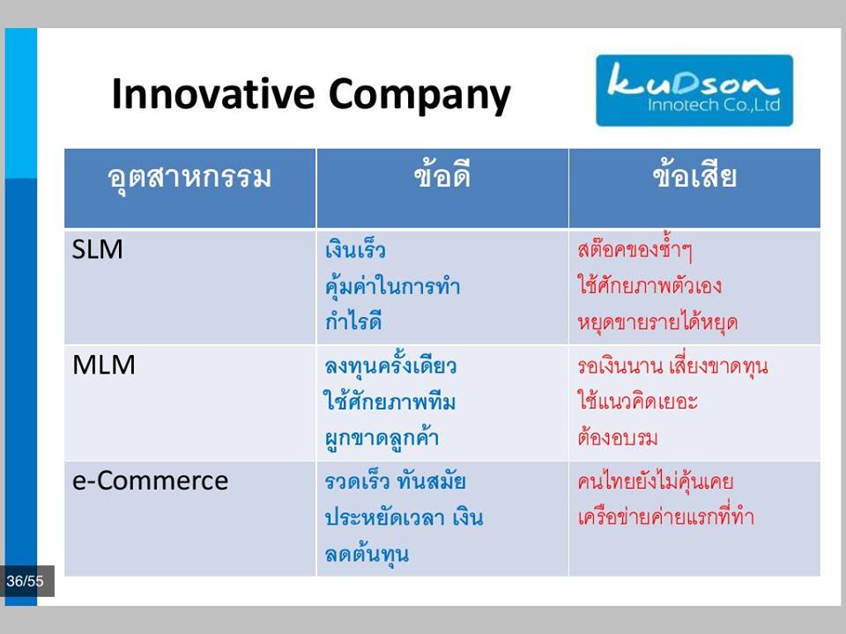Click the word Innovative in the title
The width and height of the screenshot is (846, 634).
tap(213, 93)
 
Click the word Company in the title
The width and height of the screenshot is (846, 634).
tap(419, 96)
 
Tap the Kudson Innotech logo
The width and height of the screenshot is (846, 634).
tap(694, 91)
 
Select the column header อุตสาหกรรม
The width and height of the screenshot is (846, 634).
tap(189, 178)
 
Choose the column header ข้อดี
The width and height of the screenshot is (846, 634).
tap(442, 174)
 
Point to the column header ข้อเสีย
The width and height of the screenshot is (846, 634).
tap(694, 174)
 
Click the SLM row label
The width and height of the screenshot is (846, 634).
tap(98, 249)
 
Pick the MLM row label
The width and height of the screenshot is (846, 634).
tap(104, 365)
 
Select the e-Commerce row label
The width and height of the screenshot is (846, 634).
tap(150, 481)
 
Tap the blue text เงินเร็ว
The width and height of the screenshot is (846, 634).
tap(355, 250)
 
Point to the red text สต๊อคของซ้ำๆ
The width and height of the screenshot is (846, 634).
tap(634, 248)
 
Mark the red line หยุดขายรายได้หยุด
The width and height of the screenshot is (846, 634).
tap(657, 322)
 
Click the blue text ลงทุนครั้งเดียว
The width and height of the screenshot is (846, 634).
tap(390, 365)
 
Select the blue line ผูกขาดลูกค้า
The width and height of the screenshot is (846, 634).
tap(382, 438)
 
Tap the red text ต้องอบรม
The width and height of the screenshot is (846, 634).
tap(617, 437)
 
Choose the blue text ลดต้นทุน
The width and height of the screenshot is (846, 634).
tap(367, 554)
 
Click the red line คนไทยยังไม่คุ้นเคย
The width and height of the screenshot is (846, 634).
tap(655, 481)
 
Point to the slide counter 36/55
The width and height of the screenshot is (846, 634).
tap(25, 581)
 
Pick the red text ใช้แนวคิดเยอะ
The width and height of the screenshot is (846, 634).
tap(637, 402)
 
